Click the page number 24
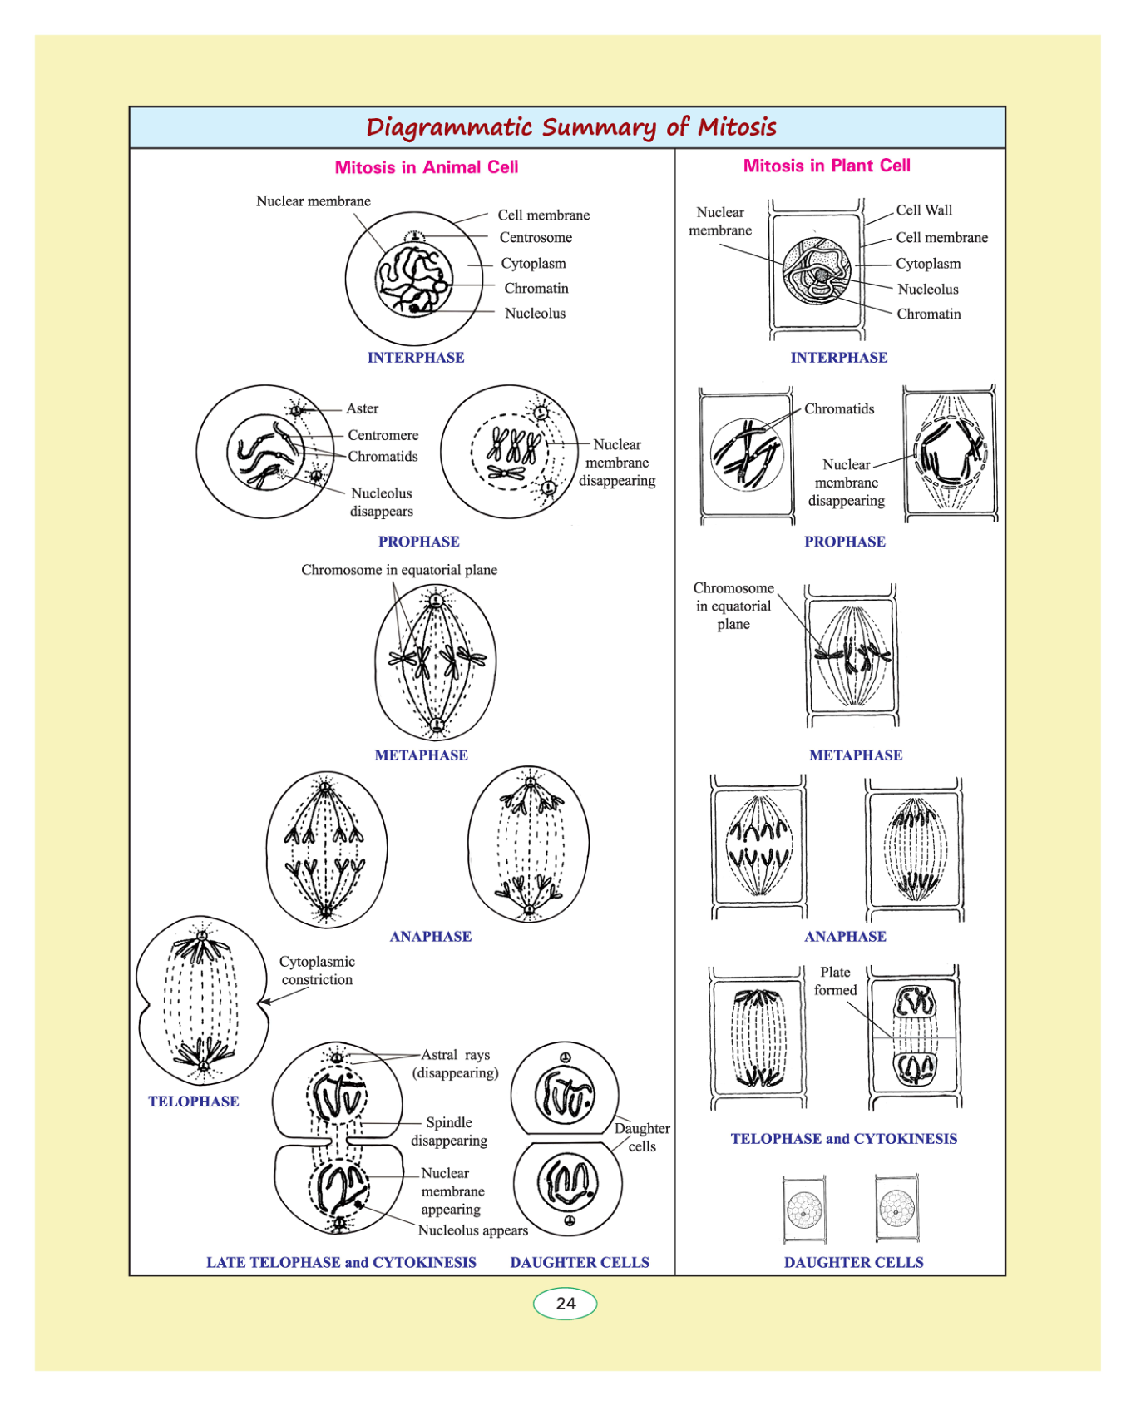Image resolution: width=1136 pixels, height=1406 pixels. coord(566,1303)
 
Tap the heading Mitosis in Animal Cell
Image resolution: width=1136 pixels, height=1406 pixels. coord(426,167)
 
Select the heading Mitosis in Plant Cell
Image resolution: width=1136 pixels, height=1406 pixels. coord(827,166)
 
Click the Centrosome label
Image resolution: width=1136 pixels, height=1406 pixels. coord(536,237)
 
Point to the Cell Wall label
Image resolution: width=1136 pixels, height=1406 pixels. coord(924,210)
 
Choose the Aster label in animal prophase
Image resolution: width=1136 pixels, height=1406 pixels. coord(363,408)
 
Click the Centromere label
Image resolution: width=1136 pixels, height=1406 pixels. coord(383,435)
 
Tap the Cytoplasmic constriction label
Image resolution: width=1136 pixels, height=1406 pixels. coord(317,971)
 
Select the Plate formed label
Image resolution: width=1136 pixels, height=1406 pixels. coord(835,981)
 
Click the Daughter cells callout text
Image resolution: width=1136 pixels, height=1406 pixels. coord(642,1137)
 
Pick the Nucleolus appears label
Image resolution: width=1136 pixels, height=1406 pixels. coord(472,1230)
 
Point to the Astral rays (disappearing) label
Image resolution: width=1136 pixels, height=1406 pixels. coord(456,1064)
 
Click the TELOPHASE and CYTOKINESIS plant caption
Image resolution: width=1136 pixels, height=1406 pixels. coord(843,1139)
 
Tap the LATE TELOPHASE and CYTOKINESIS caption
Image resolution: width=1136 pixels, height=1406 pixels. coord(341,1262)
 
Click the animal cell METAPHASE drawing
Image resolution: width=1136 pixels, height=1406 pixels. coord(436,661)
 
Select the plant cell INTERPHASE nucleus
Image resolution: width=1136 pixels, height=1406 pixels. coord(817,271)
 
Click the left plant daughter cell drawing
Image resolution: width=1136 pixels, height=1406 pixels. coord(804,1209)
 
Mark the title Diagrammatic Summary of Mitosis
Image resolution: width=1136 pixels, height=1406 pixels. coord(570,127)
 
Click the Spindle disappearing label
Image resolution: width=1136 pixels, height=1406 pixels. coord(449,1131)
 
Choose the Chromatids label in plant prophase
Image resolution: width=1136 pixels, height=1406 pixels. coord(839,409)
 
